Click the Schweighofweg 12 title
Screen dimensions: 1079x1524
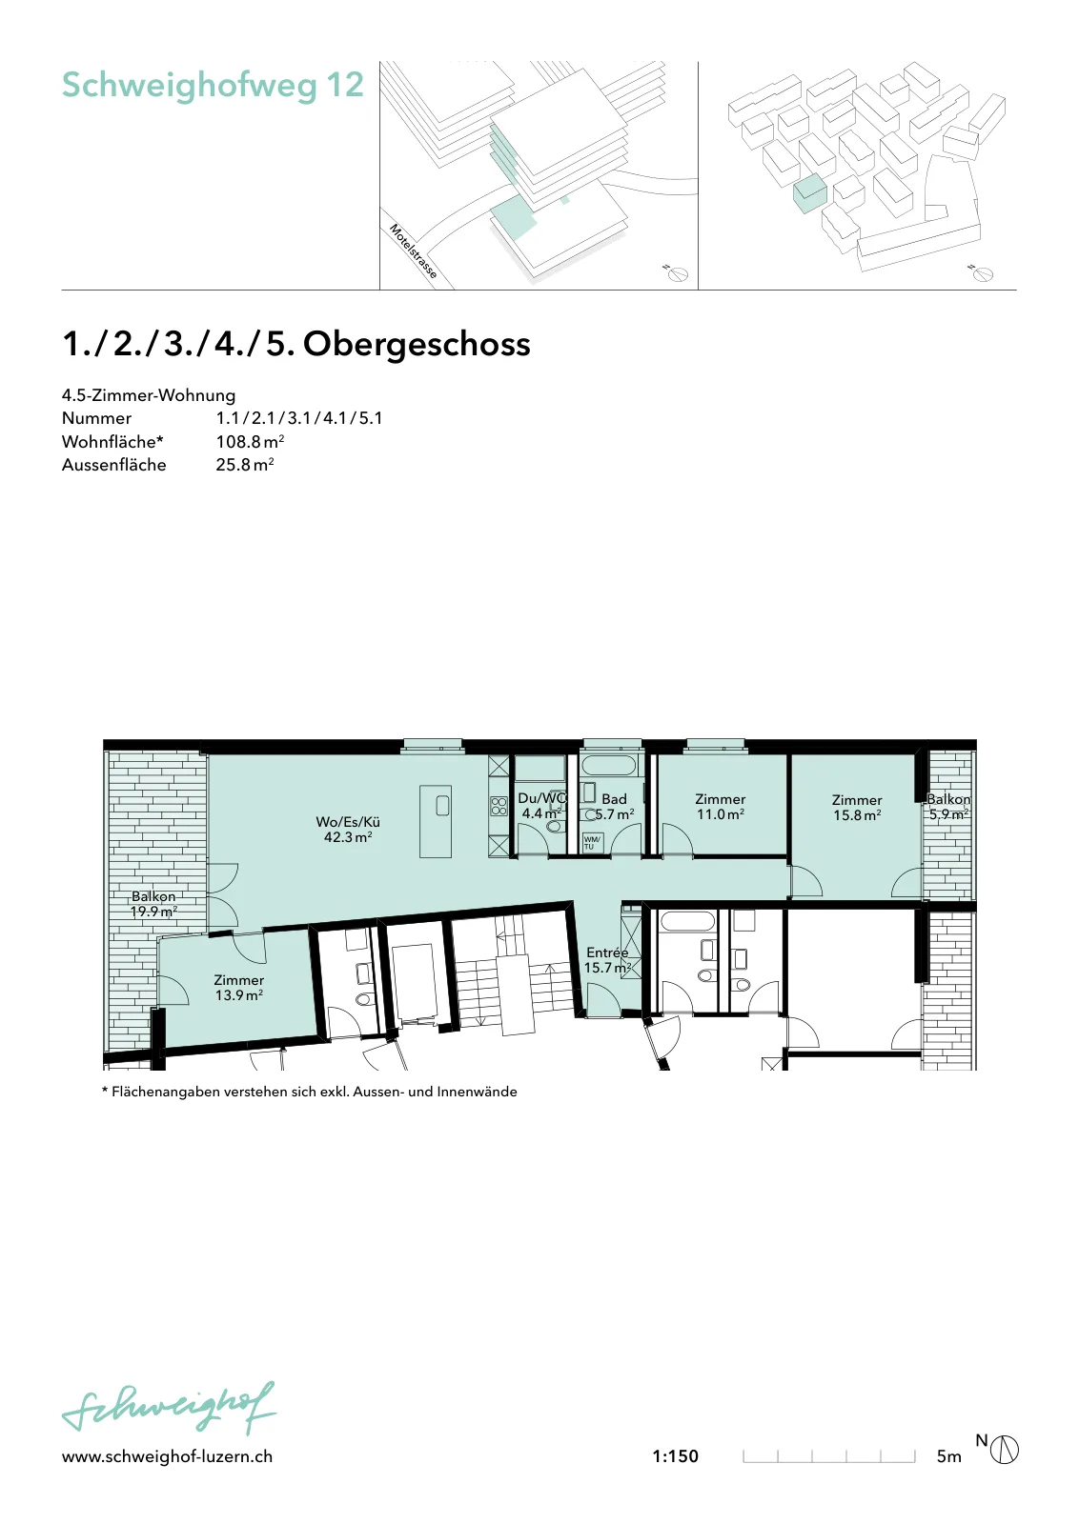point(213,86)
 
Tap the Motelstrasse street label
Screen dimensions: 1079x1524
point(414,251)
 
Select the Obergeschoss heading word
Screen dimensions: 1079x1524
point(417,344)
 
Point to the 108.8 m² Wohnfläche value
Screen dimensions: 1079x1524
point(250,442)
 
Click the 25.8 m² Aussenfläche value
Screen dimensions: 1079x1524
point(245,465)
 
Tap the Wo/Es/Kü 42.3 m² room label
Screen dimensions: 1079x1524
point(348,830)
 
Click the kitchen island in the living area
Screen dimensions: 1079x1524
point(436,821)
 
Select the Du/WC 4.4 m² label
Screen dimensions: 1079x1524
point(541,806)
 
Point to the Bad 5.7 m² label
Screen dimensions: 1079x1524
point(614,806)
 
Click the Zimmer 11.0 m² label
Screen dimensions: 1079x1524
point(721,806)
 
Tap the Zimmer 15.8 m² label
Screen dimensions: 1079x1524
point(857,808)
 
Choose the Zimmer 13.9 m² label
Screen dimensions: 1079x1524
point(238,987)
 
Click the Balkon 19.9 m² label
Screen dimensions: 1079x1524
point(153,904)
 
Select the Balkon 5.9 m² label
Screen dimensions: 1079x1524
point(949,807)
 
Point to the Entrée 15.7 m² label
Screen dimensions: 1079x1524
point(607,960)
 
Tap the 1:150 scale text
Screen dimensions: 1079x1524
point(675,1456)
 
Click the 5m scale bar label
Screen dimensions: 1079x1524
point(949,1456)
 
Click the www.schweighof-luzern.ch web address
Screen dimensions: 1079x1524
point(167,1456)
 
